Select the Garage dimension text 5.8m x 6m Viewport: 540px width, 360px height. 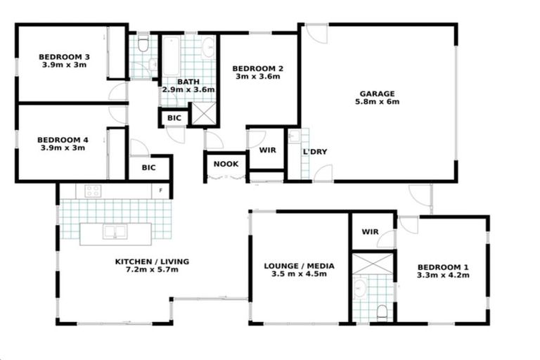tap(378, 102)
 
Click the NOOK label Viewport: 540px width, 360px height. tap(226, 165)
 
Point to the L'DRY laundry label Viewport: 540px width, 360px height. tap(314, 152)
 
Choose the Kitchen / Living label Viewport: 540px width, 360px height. tap(152, 262)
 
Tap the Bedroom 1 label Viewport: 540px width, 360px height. tap(443, 267)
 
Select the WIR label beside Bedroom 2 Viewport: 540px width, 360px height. tap(267, 150)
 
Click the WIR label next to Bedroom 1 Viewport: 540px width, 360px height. tap(371, 232)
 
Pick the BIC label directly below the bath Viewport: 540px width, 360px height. tap(174, 119)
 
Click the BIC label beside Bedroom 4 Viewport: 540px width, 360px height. tap(148, 168)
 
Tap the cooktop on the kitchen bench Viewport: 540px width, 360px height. tap(94, 190)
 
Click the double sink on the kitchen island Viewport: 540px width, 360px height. tap(114, 231)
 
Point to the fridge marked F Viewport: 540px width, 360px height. tap(161, 190)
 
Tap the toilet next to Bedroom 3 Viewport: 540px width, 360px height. tap(143, 46)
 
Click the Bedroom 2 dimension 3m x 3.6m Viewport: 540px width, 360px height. tap(258, 77)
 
